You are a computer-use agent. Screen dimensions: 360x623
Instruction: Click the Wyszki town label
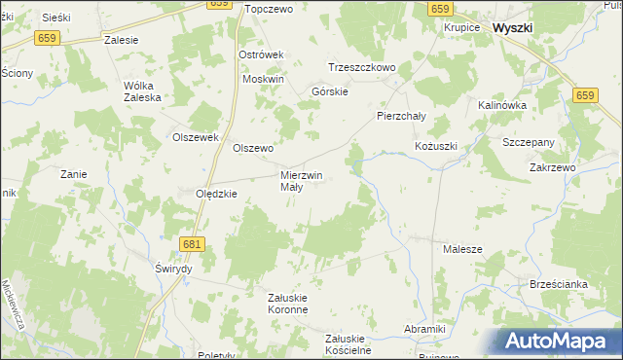click(512, 28)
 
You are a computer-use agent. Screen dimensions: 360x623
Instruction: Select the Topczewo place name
click(270, 9)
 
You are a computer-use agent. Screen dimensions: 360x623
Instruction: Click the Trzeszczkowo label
click(361, 67)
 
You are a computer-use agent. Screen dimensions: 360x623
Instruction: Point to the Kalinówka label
click(502, 104)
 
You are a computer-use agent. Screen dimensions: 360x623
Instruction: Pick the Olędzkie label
click(217, 194)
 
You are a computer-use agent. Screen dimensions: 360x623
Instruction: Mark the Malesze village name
click(462, 249)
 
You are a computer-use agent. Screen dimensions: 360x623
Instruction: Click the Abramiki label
click(424, 329)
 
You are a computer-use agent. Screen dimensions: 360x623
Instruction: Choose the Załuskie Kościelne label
click(348, 344)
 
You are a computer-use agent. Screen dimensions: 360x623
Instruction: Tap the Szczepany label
click(529, 142)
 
